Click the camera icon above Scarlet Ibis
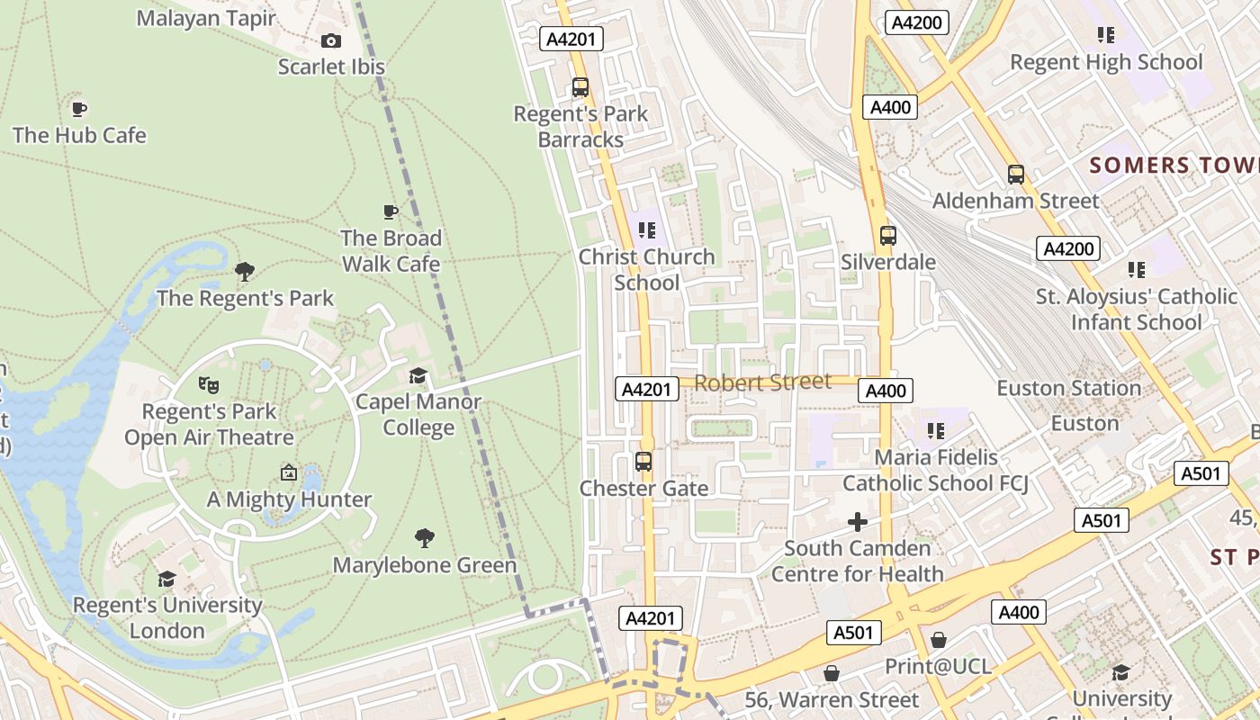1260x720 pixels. (x=331, y=40)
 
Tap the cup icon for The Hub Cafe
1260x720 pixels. (x=79, y=109)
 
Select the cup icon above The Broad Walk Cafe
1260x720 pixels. (x=391, y=211)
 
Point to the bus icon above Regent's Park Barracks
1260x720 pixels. (x=580, y=87)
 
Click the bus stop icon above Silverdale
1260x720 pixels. (x=888, y=236)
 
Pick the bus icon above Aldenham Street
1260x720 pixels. (x=1016, y=175)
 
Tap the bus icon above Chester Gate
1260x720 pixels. (x=643, y=462)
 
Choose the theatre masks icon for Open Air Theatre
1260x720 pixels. (x=209, y=385)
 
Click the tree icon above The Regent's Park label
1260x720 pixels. (x=244, y=271)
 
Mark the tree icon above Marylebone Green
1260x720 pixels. (x=425, y=538)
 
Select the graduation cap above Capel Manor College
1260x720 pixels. (x=418, y=375)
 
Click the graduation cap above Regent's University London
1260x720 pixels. (x=166, y=578)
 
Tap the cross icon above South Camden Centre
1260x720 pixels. (x=858, y=521)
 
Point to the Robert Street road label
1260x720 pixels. (x=763, y=382)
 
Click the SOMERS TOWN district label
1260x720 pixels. (x=1174, y=166)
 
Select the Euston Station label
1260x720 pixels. (x=1068, y=389)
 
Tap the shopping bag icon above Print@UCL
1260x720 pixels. (x=939, y=640)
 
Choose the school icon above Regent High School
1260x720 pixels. (x=1106, y=35)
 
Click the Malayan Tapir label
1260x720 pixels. (x=206, y=18)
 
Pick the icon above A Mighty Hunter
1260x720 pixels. (x=289, y=472)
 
